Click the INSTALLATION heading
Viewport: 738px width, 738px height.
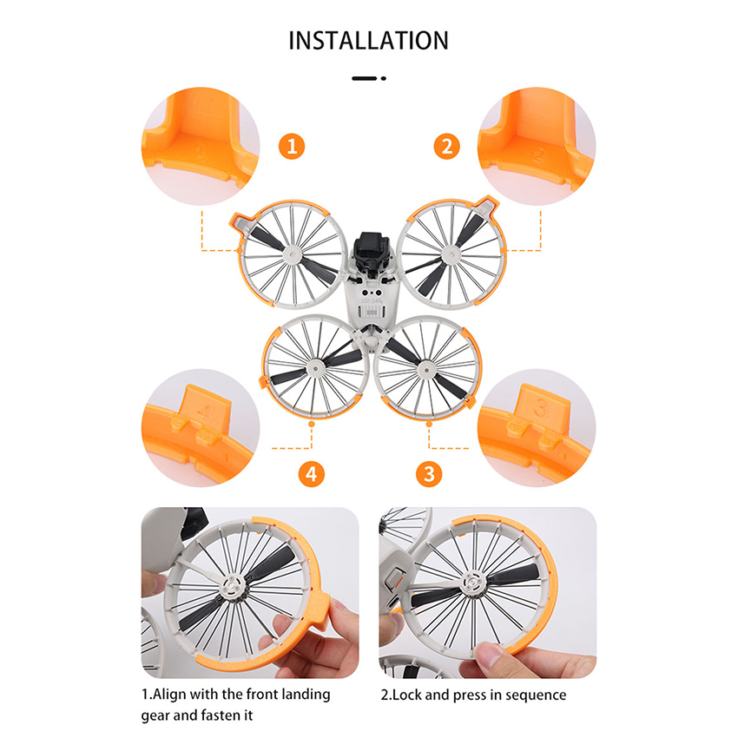point(368,41)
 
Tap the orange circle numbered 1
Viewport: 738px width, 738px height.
point(292,147)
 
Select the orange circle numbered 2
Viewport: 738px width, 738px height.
point(446,147)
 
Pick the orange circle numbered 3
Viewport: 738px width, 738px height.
point(429,473)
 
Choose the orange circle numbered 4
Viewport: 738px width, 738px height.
point(312,473)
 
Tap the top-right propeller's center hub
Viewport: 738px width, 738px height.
point(451,255)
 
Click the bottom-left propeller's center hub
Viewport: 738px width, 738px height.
point(314,367)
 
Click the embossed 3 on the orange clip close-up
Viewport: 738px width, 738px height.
point(541,409)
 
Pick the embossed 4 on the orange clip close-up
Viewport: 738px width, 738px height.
point(204,411)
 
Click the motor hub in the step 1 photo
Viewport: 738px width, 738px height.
point(234,587)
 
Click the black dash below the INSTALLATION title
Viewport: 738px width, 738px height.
point(364,78)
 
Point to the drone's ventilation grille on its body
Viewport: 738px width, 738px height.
point(372,312)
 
